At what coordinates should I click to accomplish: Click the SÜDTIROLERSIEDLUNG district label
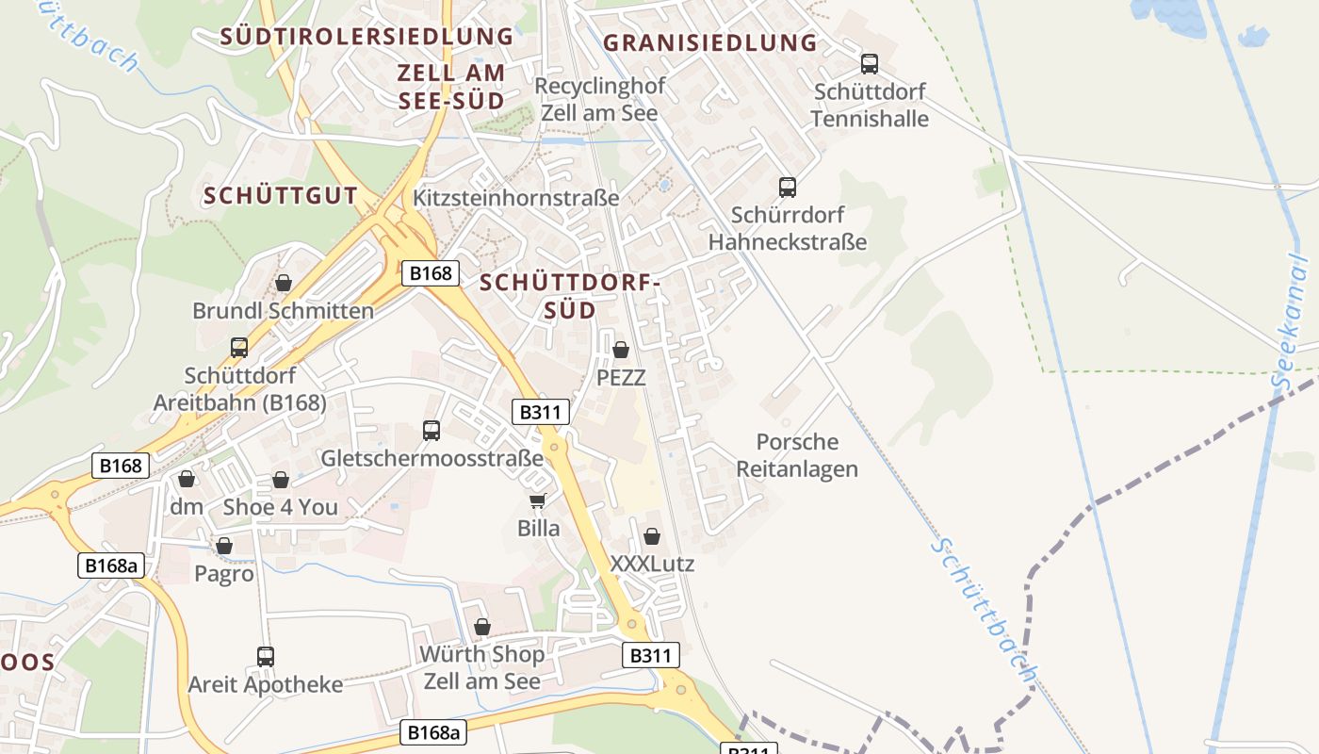366,37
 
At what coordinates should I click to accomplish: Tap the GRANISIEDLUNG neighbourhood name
709,42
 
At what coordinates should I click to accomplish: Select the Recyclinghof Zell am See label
599,99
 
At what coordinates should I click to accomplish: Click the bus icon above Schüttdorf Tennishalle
870,64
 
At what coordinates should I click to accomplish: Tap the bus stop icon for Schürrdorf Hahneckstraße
788,187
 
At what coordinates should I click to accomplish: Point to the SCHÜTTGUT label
281,196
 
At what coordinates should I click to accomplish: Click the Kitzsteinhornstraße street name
516,198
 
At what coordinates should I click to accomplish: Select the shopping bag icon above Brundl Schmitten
284,283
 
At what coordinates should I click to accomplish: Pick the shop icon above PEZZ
621,350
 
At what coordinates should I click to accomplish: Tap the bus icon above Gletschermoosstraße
432,431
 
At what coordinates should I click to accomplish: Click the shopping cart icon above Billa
538,500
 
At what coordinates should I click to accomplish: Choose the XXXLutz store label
652,564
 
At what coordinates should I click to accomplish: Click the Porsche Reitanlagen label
797,455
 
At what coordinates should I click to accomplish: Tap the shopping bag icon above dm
187,480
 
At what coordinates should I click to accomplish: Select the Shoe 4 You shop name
280,507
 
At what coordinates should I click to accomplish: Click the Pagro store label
224,573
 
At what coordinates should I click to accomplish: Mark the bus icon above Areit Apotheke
266,656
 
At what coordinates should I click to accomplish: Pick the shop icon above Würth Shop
482,627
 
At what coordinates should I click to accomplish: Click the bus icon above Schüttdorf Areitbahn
239,347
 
